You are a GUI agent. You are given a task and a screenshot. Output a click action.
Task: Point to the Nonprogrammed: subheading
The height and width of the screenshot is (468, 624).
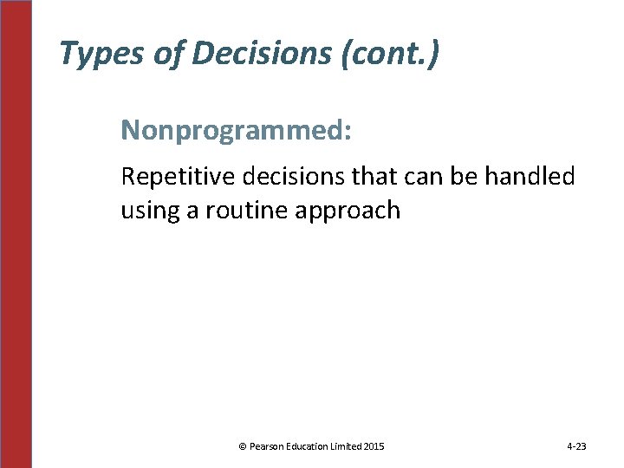(237, 130)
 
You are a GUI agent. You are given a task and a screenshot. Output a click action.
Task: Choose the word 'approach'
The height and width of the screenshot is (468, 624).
(350, 211)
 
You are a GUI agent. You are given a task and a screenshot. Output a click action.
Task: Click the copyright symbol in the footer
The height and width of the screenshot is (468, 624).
(243, 447)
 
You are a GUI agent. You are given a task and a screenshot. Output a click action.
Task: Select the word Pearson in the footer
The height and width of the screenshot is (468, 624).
(267, 447)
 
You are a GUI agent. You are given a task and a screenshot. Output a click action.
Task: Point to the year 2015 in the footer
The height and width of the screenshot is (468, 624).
(375, 447)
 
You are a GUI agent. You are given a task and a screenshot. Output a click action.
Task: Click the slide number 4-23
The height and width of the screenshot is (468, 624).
(576, 447)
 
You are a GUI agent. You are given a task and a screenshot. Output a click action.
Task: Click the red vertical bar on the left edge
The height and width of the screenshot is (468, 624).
(16, 234)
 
